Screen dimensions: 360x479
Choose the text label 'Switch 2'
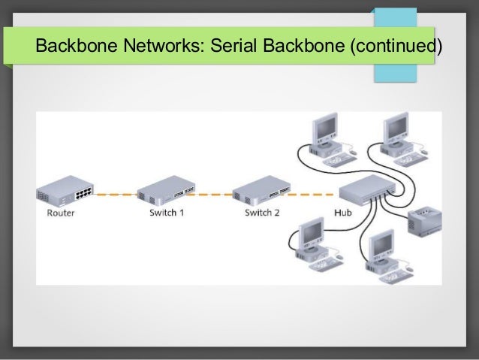[262, 213]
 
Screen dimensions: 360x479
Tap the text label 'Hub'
[342, 213]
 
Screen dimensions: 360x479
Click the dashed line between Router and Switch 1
[115, 194]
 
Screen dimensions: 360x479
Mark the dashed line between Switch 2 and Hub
[312, 194]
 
